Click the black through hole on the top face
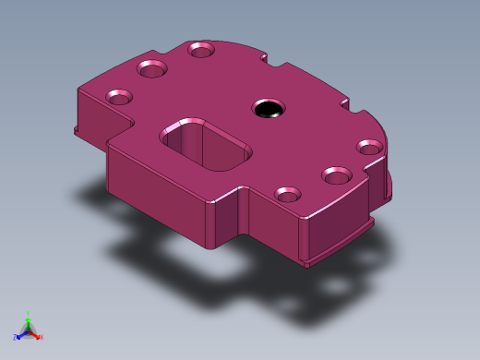tap(269, 109)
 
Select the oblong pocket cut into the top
tap(205, 146)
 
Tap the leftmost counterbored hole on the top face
tap(119, 96)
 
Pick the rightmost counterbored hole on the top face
tap(369, 147)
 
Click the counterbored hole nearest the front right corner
tap(288, 194)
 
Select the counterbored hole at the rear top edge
tap(201, 49)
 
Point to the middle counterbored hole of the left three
tap(151, 68)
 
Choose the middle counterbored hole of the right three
tap(336, 174)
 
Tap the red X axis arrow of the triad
tap(36, 335)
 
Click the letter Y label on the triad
tap(28, 314)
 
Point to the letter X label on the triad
tap(42, 338)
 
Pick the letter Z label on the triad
tap(15, 338)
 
